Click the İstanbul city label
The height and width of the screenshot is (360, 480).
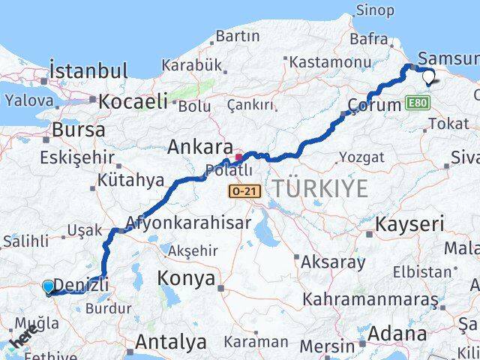point(86,71)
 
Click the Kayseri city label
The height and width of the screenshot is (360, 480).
point(409,223)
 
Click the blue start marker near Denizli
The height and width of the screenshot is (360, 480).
point(49,286)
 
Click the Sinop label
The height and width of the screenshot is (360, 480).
point(373,10)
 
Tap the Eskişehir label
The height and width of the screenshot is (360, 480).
point(78,158)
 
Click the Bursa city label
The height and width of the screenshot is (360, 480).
point(78,130)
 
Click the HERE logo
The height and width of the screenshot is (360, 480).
point(22,341)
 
